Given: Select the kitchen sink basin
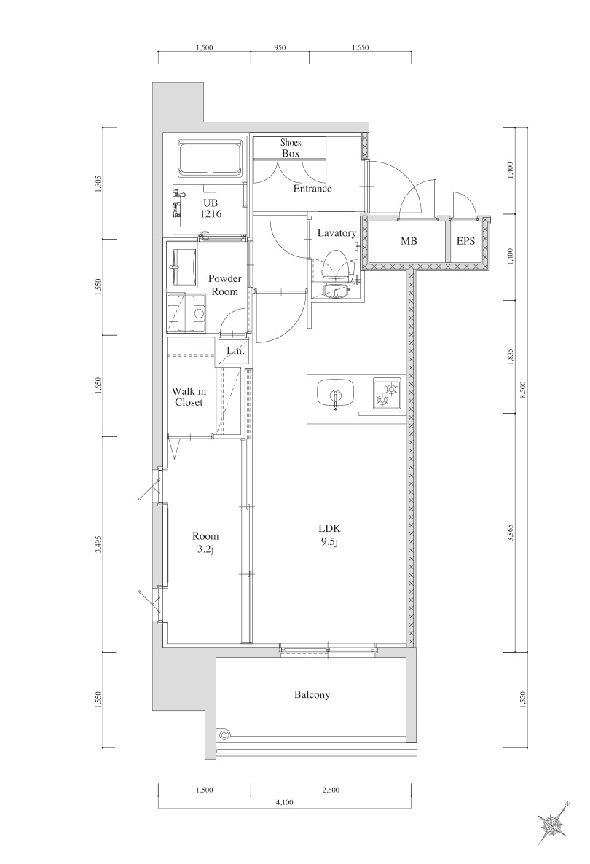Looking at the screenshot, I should click(335, 394).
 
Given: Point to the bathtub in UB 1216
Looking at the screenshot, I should click(210, 158).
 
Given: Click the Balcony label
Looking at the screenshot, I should click(312, 695).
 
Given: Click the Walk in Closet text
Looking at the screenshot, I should click(189, 397).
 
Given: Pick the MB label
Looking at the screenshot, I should click(408, 240).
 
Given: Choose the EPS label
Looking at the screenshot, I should click(466, 240).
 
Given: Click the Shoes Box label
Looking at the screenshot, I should click(291, 148).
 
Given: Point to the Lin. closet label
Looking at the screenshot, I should click(235, 350).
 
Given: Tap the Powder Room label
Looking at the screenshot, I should click(224, 285).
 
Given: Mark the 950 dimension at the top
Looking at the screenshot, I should click(280, 48).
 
